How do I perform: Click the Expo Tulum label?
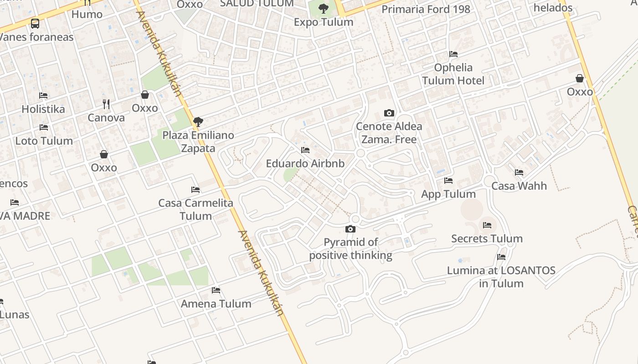coord(324,22)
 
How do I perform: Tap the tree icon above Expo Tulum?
coord(324,8)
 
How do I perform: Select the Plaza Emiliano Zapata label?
coord(198,142)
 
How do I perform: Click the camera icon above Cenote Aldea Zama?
coord(389,113)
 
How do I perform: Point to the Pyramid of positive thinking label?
coord(350,248)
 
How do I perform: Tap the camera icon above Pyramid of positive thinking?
coord(350,229)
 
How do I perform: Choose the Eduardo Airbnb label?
coord(305,163)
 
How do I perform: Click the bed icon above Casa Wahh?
coord(519,172)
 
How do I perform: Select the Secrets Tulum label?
coord(487,238)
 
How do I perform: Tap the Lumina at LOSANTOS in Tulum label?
coord(501,277)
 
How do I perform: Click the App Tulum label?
coord(448,194)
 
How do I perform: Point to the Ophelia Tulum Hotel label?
coord(453,74)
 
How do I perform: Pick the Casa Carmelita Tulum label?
coord(196,209)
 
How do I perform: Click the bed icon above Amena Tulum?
coord(216,290)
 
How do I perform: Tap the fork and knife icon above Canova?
coord(106,104)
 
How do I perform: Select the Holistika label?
coord(43,109)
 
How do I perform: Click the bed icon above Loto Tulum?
coord(44,127)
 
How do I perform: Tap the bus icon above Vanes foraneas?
coord(35,23)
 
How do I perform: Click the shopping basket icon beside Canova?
coord(145,95)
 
